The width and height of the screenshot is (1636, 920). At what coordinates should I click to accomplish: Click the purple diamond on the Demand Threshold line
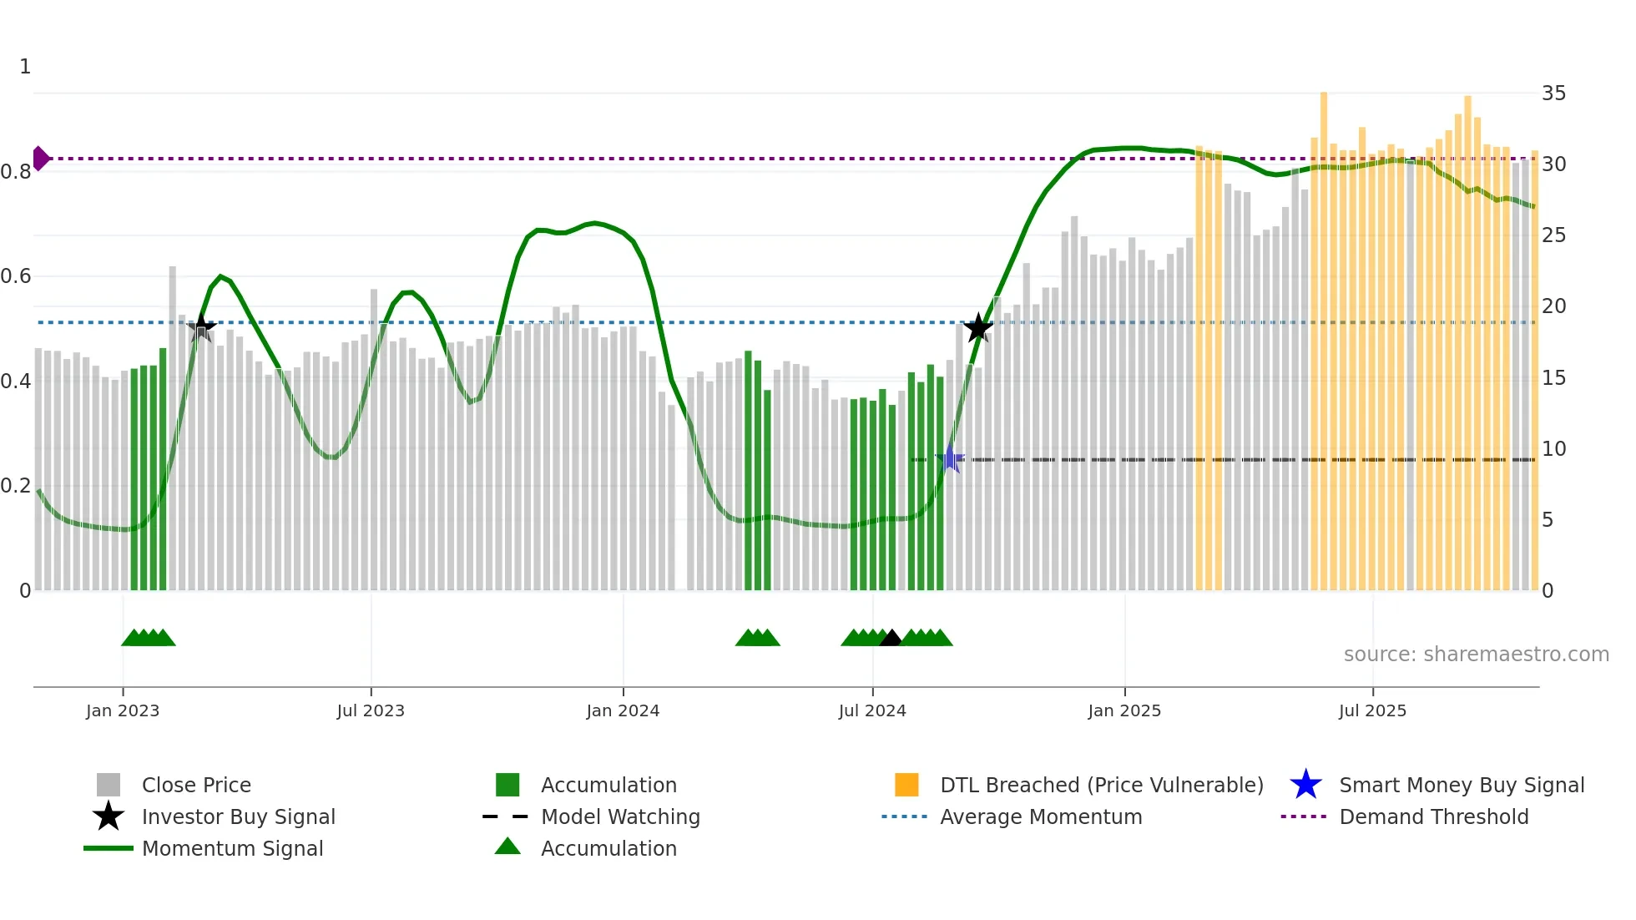point(40,158)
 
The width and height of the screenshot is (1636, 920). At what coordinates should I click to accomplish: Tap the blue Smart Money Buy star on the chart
point(949,458)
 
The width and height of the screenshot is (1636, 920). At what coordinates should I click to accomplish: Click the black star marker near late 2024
point(978,328)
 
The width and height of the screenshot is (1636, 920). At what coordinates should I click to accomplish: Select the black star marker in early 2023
point(201,327)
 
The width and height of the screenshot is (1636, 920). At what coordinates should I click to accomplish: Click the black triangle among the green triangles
point(891,639)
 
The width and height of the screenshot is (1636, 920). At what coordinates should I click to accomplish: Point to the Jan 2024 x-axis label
point(623,710)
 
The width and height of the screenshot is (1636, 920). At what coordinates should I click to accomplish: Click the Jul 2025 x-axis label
point(1372,710)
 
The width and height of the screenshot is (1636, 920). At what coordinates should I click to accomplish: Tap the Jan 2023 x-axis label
point(123,710)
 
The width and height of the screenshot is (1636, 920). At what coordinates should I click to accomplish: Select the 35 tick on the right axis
point(1553,93)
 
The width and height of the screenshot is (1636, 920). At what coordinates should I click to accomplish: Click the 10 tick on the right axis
point(1553,448)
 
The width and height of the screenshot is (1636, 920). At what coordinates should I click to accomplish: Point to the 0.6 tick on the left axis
point(16,275)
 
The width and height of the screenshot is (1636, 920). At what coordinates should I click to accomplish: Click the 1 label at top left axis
point(25,66)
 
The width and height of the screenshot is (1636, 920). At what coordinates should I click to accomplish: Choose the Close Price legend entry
point(195,785)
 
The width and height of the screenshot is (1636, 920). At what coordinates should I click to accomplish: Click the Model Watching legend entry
point(620,816)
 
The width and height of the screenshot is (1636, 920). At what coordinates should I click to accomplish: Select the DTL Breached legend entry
point(1101,785)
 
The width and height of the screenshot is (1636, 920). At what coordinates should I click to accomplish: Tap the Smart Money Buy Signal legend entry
point(1461,785)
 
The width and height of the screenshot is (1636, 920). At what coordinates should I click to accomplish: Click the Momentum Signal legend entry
point(232,848)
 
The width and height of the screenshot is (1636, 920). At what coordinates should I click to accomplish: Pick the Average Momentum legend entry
point(1040,816)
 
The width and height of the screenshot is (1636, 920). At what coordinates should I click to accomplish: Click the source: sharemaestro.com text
point(1476,654)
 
